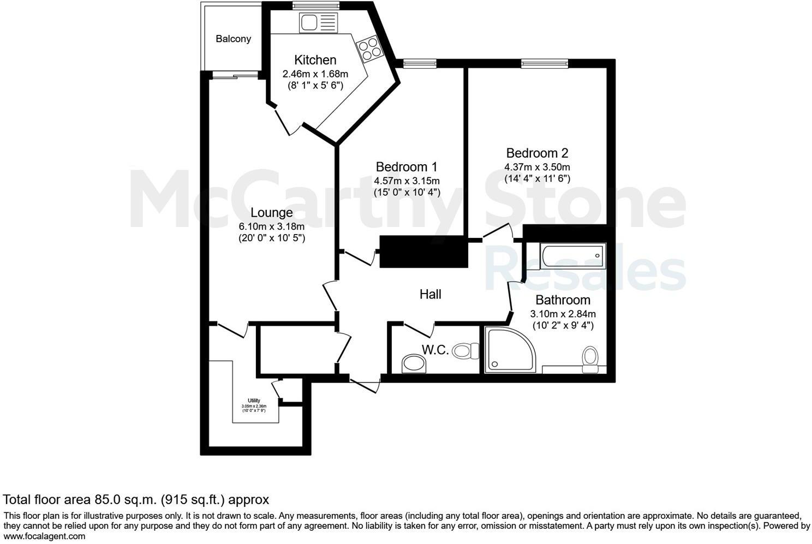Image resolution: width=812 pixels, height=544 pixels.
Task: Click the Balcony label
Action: click(x=233, y=39)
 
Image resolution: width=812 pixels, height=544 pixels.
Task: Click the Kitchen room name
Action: click(x=315, y=60)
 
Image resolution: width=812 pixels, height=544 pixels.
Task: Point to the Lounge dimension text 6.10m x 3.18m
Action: click(x=271, y=226)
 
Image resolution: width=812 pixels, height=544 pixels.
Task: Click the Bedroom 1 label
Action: click(x=407, y=166)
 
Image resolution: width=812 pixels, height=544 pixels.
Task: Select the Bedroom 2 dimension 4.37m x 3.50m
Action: click(x=537, y=167)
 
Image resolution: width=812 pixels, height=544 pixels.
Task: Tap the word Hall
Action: click(x=430, y=295)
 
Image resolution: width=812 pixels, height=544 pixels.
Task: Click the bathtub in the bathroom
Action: click(x=572, y=255)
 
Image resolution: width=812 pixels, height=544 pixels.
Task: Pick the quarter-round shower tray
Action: click(x=510, y=349)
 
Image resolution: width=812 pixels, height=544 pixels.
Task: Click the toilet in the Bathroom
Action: click(x=589, y=360)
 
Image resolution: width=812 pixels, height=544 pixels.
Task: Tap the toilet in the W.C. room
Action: click(x=465, y=350)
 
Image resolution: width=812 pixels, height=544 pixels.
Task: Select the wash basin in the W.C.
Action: click(x=414, y=363)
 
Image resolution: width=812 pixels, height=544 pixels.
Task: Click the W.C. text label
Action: click(x=435, y=350)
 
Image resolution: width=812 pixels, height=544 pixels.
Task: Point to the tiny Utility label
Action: click(x=254, y=400)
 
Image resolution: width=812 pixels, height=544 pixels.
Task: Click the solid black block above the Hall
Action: click(x=423, y=252)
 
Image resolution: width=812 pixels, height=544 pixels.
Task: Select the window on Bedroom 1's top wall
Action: click(x=419, y=64)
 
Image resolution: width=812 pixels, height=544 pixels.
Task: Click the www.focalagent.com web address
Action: click(x=44, y=536)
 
